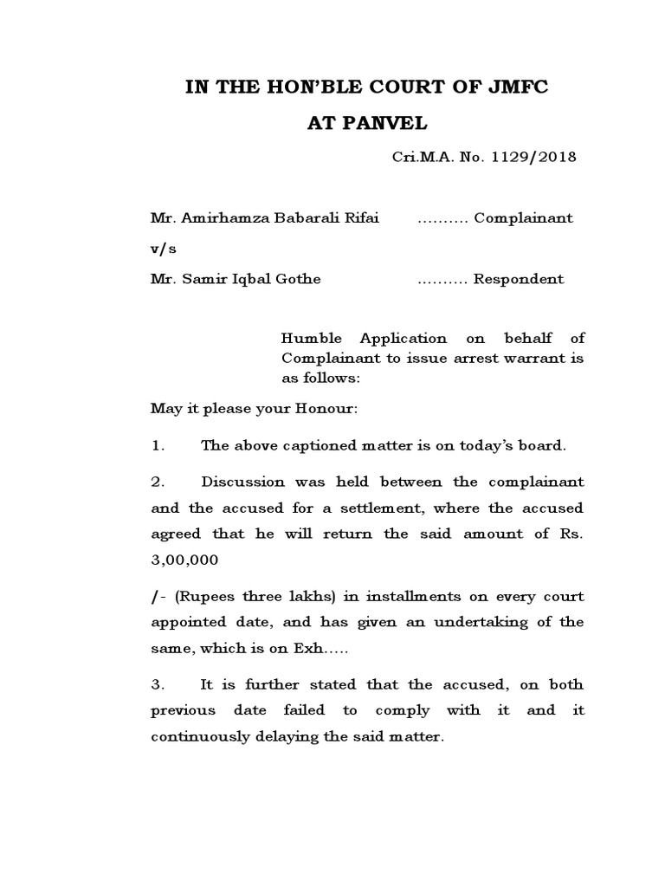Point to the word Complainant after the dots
[522, 218]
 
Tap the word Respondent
[518, 279]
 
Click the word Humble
[307, 339]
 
